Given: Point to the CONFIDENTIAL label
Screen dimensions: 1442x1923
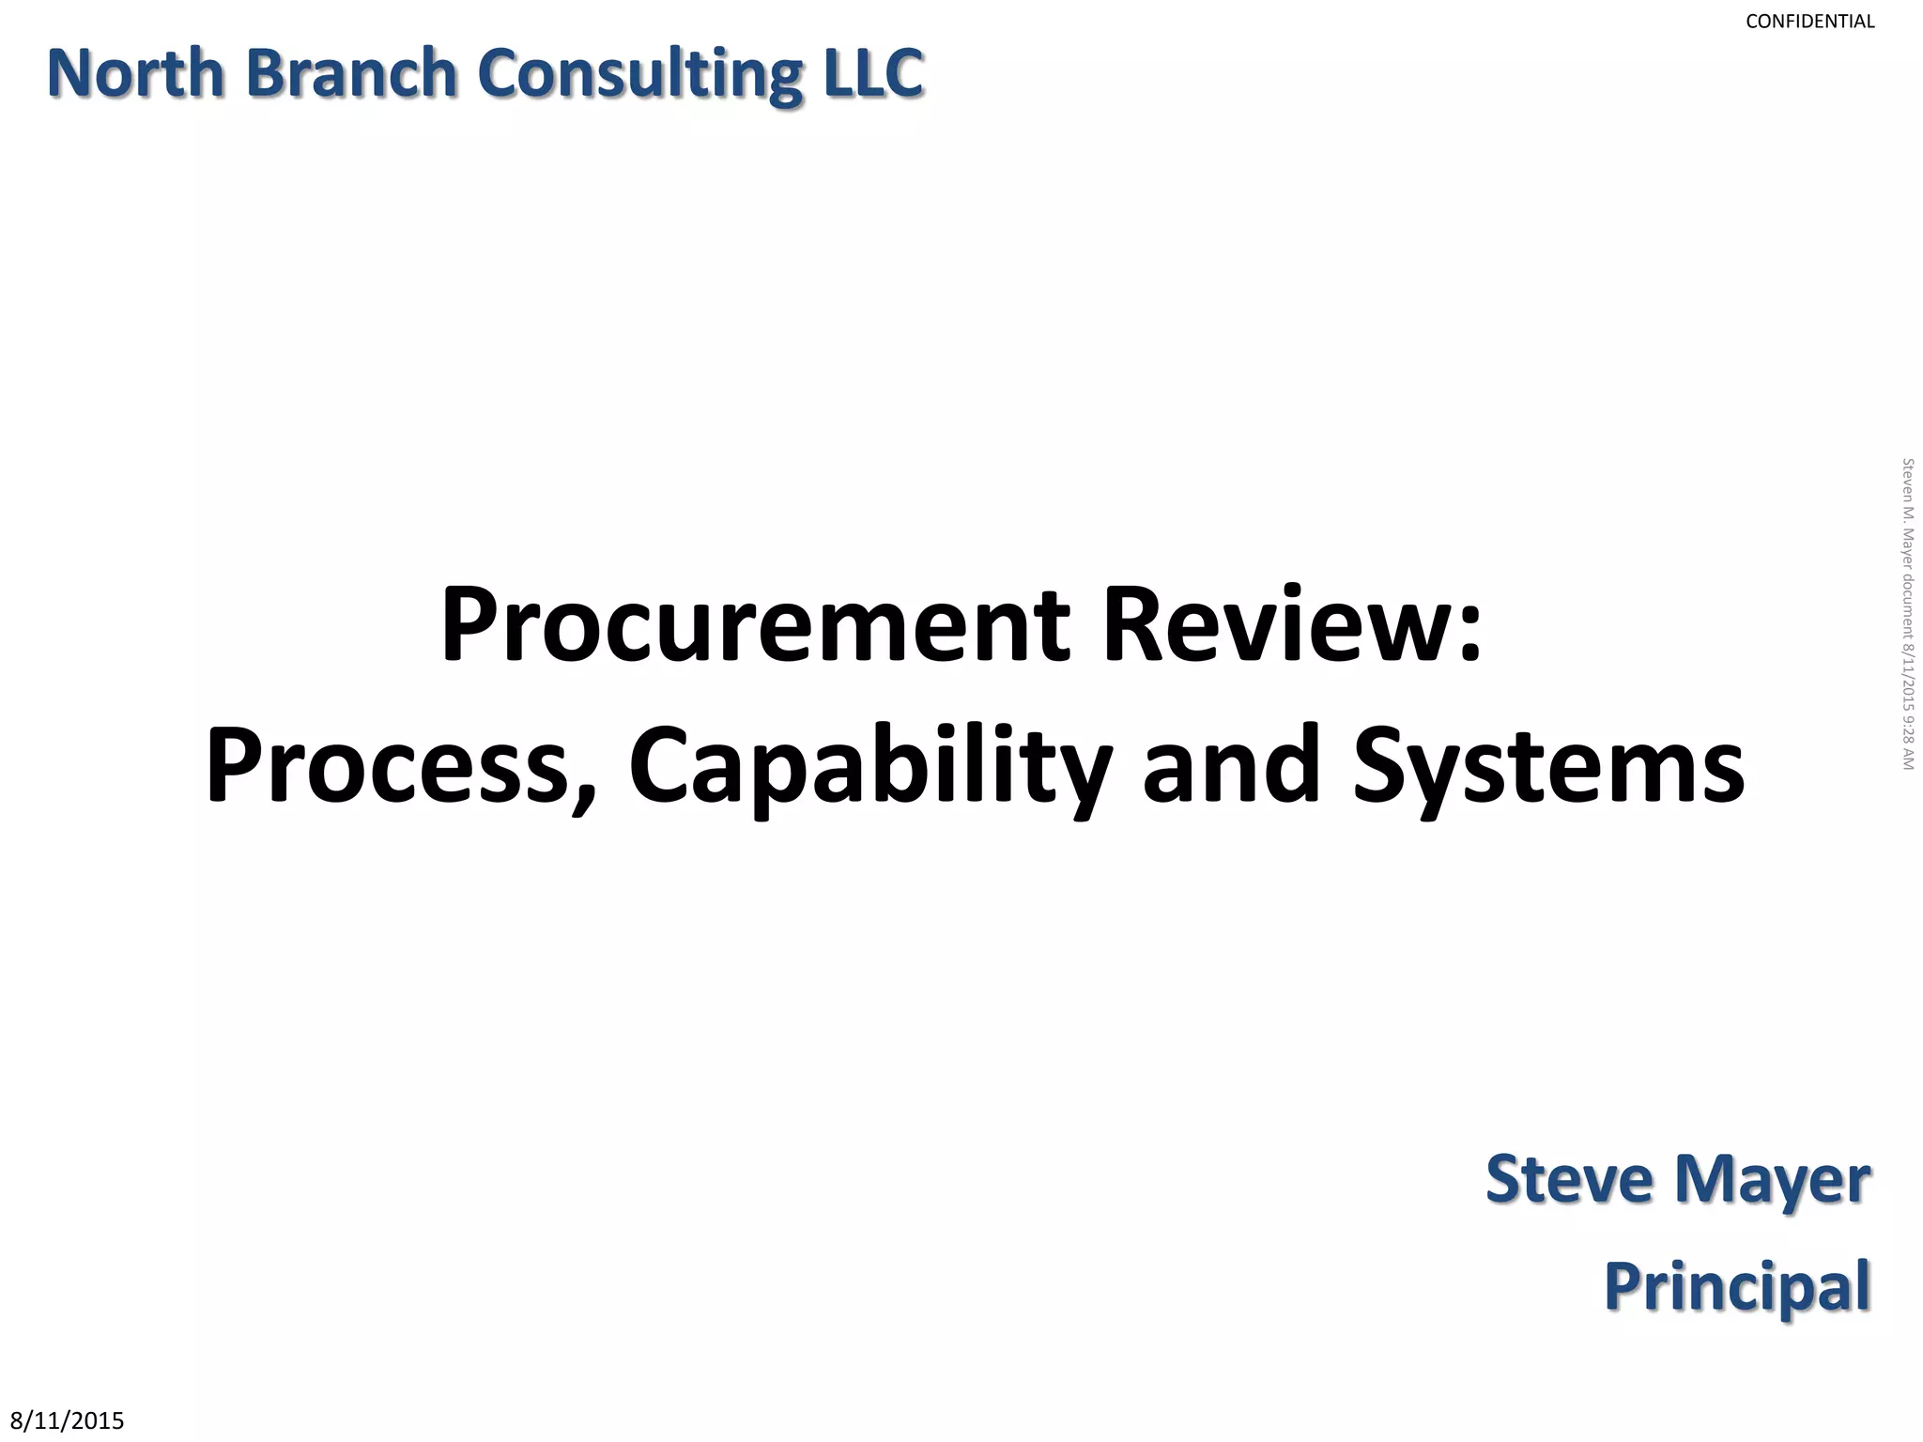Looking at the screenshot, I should (x=1809, y=22).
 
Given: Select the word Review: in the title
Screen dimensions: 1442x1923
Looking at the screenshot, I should (x=1292, y=625).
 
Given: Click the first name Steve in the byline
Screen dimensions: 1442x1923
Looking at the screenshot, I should (x=1569, y=1179).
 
